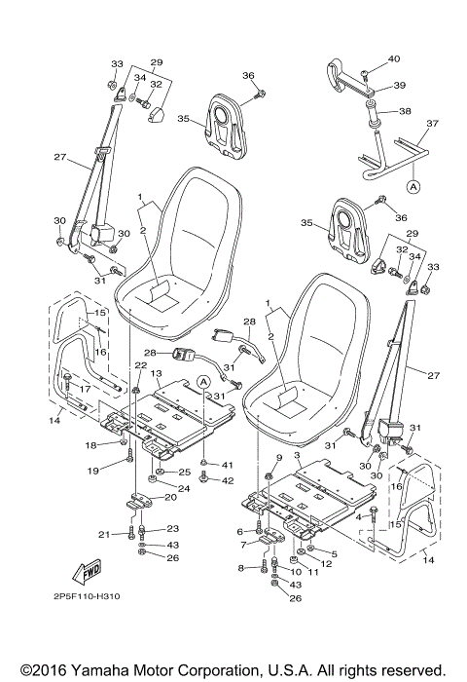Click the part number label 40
394,59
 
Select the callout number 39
400,86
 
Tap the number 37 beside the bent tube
433,124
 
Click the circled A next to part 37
413,184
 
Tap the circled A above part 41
203,382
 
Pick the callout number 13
155,374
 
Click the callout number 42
229,480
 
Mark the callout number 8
240,567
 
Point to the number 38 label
406,111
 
